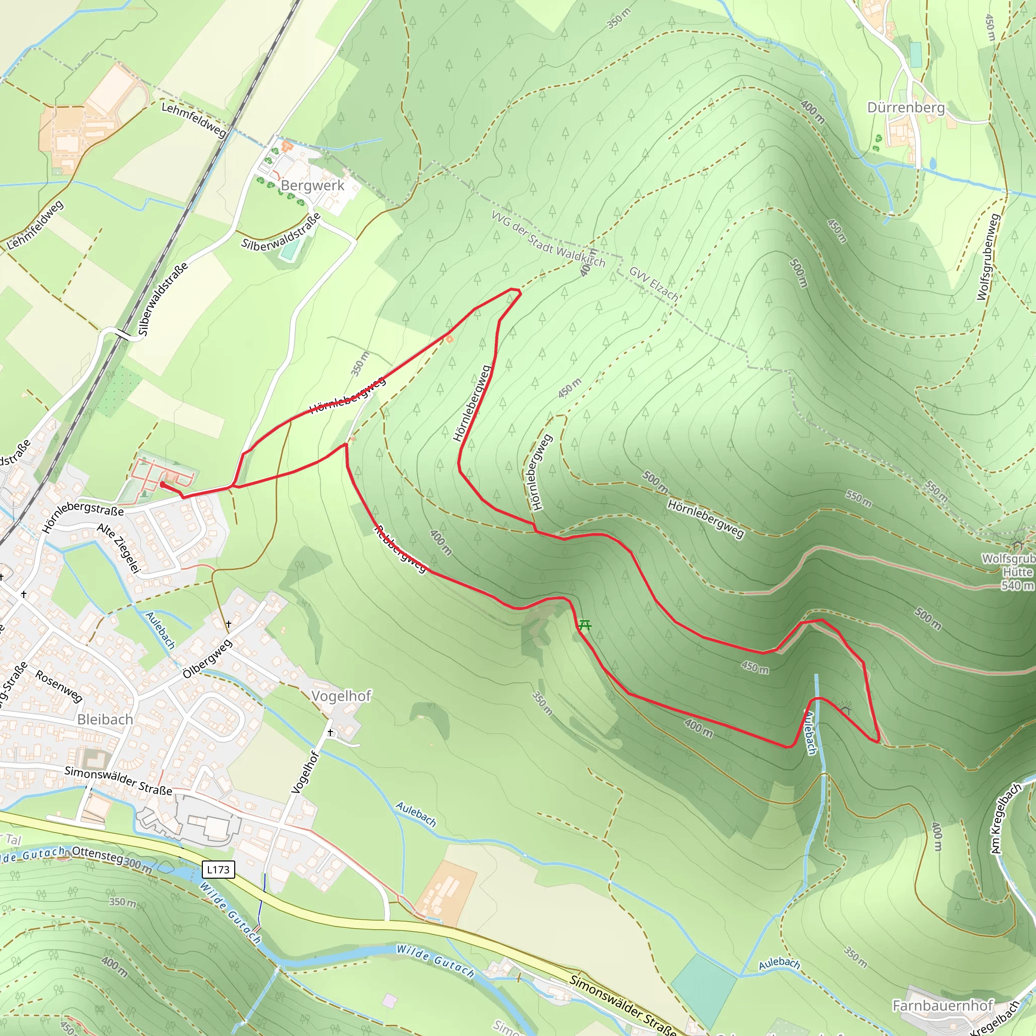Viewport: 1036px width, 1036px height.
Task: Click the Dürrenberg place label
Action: coord(905,108)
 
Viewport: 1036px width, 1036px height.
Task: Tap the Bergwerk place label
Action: coord(313,186)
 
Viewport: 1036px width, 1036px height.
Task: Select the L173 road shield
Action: coord(218,869)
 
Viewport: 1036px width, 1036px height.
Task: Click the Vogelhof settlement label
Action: coord(341,696)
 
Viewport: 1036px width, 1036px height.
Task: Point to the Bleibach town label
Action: coord(105,720)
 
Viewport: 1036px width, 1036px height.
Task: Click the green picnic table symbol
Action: coord(585,625)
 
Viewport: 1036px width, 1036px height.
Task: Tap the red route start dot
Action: coord(162,484)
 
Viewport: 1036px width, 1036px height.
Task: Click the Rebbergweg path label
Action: coord(401,550)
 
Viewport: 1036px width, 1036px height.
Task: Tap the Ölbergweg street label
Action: coord(207,659)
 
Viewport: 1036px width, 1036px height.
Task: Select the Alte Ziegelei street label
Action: coord(118,548)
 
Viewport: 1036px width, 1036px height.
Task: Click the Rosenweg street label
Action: coord(59,686)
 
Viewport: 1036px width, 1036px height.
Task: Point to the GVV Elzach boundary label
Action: coord(653,283)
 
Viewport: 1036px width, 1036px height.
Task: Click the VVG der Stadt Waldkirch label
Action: coord(548,239)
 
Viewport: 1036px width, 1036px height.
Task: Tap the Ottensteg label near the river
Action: coord(97,854)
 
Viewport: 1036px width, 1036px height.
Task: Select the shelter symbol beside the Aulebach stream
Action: coord(846,711)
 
